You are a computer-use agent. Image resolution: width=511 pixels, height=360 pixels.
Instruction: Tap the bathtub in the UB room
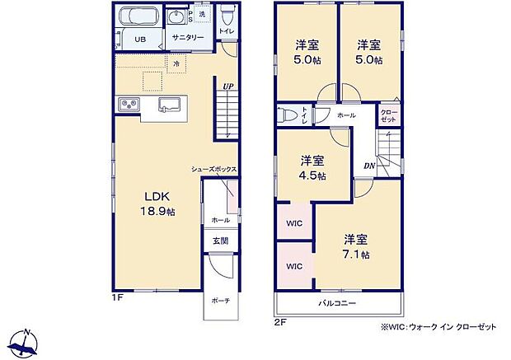click(x=137, y=17)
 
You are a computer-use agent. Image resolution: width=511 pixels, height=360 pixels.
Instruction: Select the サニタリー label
click(x=188, y=38)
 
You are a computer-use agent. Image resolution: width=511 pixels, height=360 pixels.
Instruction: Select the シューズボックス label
click(x=214, y=169)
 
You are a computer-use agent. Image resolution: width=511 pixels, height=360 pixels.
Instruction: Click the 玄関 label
click(x=220, y=241)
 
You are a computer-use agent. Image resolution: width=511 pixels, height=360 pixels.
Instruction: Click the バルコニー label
click(x=338, y=304)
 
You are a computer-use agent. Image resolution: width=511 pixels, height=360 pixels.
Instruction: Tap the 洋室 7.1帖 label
click(x=356, y=246)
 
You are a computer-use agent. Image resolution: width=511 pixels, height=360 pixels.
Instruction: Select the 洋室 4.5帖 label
click(x=312, y=168)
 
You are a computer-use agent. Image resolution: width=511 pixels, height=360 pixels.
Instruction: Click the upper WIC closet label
click(x=293, y=223)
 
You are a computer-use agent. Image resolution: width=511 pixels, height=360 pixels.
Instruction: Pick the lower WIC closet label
click(x=293, y=266)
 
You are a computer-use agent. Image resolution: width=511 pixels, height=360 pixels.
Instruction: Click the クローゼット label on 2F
click(x=388, y=115)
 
